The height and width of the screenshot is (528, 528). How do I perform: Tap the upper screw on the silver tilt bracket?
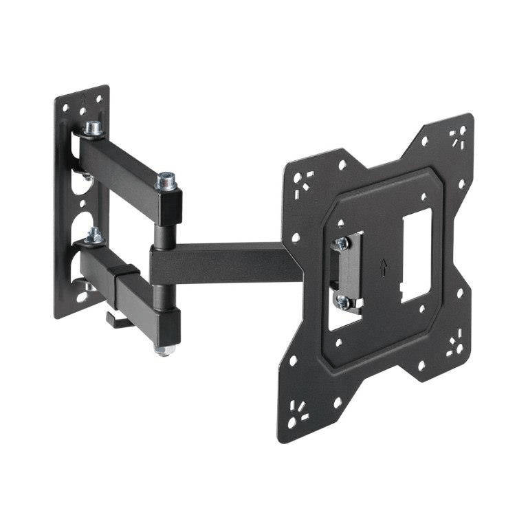tap(339, 243)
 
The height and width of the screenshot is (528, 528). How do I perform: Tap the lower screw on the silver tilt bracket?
tap(342, 300)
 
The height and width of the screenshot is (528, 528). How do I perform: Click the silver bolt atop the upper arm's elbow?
tap(165, 181)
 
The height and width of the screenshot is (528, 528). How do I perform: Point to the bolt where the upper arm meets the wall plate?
tap(92, 128)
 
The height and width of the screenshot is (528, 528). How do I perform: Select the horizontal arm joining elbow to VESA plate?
tap(227, 261)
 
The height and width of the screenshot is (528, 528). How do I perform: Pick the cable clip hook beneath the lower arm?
tap(116, 318)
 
